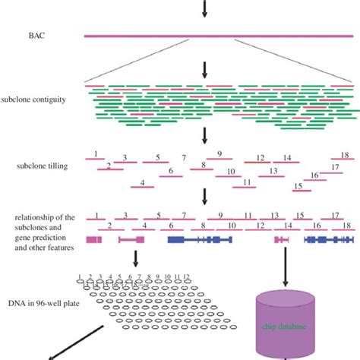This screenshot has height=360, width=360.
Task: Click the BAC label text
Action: point(35,35)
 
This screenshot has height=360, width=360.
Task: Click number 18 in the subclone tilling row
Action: point(345,155)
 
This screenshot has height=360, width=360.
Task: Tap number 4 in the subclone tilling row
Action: point(142,184)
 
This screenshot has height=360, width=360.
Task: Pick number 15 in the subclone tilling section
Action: point(298,186)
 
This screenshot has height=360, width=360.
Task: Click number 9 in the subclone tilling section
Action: point(219,154)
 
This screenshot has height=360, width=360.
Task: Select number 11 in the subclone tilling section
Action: point(247,182)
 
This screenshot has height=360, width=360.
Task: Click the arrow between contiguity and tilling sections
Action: point(203,135)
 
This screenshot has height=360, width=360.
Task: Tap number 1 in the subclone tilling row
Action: point(95,154)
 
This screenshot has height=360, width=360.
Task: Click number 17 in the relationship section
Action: point(334,216)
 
